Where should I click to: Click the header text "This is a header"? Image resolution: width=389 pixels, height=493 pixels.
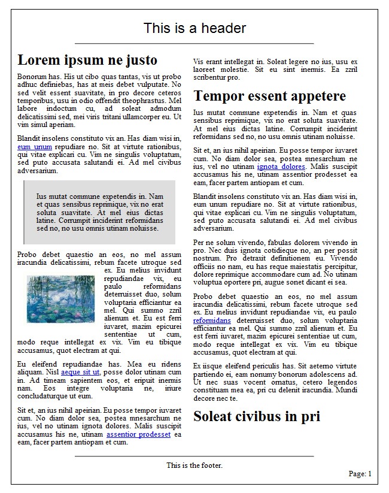194,28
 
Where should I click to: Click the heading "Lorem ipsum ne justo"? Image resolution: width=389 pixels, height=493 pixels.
87,60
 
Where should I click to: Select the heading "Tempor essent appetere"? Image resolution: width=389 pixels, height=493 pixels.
269,96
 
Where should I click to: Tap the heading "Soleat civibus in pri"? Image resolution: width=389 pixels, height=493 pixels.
256,416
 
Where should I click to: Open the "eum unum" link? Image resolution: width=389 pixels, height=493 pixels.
35,147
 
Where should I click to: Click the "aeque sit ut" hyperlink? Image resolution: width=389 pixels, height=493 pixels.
80,372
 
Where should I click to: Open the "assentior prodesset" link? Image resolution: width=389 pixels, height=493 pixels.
138,434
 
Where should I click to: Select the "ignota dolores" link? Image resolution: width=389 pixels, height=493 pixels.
281,167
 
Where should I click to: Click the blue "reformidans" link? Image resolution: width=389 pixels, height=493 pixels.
212,320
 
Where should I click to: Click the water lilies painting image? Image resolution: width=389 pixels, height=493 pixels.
61,299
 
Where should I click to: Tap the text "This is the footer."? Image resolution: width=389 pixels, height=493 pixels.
194,465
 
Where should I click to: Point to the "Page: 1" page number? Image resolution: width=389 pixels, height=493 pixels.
360,474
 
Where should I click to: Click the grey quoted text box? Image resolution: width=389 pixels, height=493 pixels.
99,212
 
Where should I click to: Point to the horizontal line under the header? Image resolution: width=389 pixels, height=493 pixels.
194,44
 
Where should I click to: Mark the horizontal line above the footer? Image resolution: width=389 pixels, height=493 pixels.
194,456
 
